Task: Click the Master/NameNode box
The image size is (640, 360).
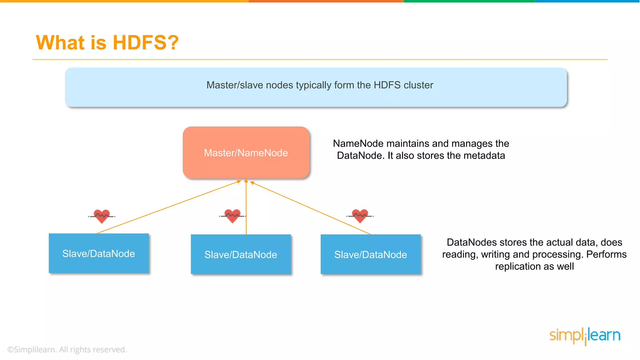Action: [x=246, y=152]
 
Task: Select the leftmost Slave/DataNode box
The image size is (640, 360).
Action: [x=99, y=253]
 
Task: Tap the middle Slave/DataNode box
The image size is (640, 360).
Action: [x=241, y=254]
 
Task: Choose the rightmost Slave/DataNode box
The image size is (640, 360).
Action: [x=371, y=254]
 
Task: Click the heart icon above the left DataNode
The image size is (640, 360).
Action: [x=102, y=216]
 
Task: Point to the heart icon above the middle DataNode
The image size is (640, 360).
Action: [x=232, y=216]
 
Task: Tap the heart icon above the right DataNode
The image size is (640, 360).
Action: [x=360, y=216]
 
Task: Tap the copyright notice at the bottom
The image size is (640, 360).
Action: [x=67, y=349]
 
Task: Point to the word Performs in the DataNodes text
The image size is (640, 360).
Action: [x=606, y=254]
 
